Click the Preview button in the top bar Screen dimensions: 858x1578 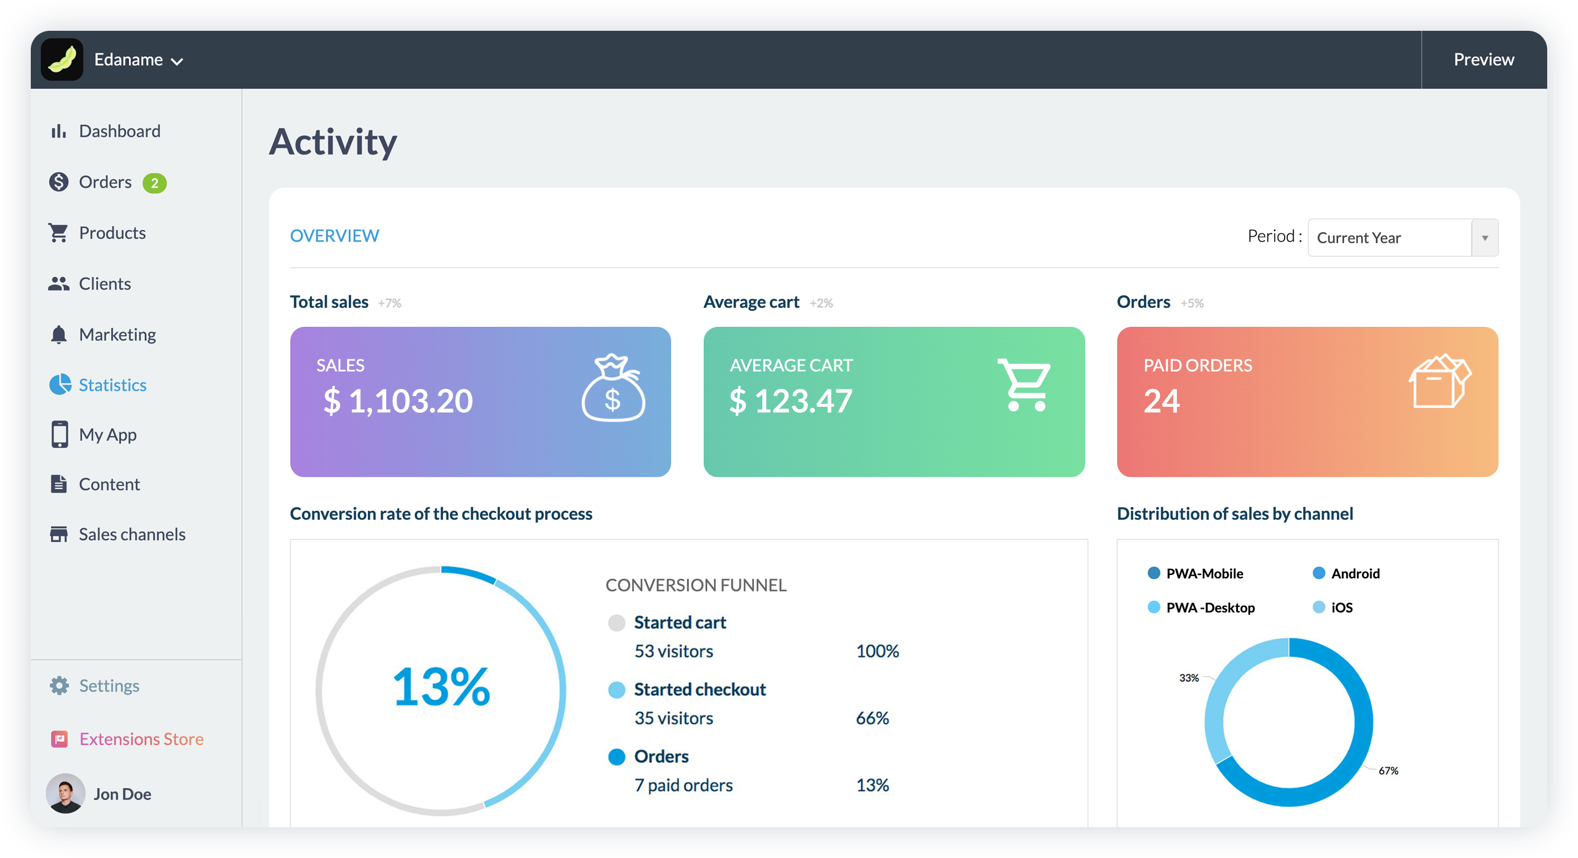click(x=1483, y=59)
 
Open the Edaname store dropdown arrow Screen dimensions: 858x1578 click(x=177, y=61)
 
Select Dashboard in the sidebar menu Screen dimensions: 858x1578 click(x=120, y=131)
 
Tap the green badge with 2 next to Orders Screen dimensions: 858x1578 click(x=155, y=183)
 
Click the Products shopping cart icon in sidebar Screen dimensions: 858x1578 click(x=58, y=233)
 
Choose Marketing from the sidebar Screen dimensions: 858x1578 click(x=117, y=335)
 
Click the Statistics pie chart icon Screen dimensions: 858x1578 click(x=59, y=385)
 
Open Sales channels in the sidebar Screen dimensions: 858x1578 click(x=131, y=534)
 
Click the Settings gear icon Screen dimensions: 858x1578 click(x=59, y=685)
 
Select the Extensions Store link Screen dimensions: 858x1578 click(x=141, y=738)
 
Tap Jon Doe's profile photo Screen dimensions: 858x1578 click(x=66, y=793)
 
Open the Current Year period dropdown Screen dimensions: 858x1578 click(x=1402, y=237)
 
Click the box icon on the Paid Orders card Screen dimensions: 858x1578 click(x=1439, y=381)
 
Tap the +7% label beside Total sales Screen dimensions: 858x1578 click(x=390, y=303)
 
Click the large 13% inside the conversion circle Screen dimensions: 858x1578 click(x=441, y=686)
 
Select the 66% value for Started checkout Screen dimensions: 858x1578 click(x=872, y=718)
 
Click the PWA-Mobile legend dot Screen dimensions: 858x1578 click(x=1153, y=573)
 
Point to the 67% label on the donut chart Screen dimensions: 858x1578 click(x=1388, y=770)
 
